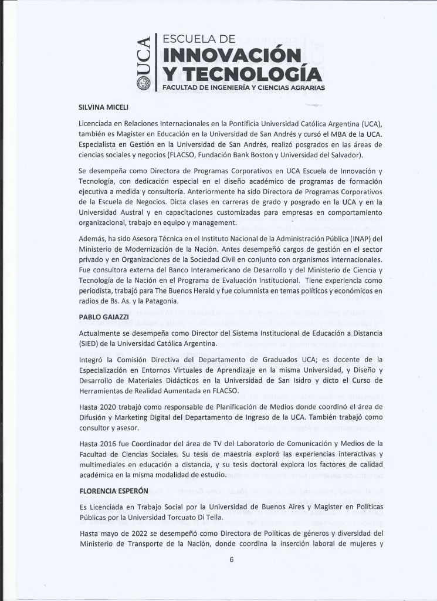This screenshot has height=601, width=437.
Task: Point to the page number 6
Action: pos(232,559)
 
